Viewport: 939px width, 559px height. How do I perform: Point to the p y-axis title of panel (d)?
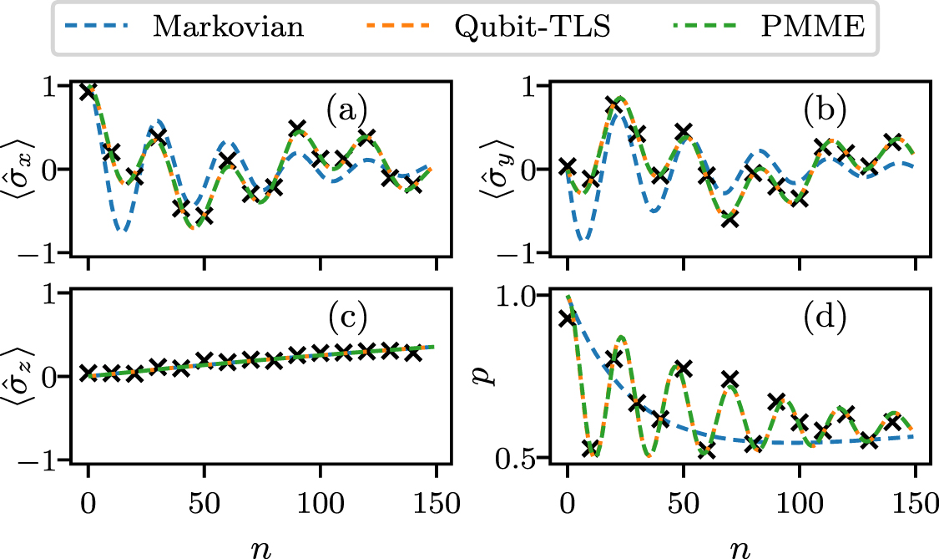click(498, 376)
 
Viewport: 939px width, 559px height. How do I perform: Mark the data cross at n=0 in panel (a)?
click(88, 91)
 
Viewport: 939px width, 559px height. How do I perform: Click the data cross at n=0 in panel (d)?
click(568, 318)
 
